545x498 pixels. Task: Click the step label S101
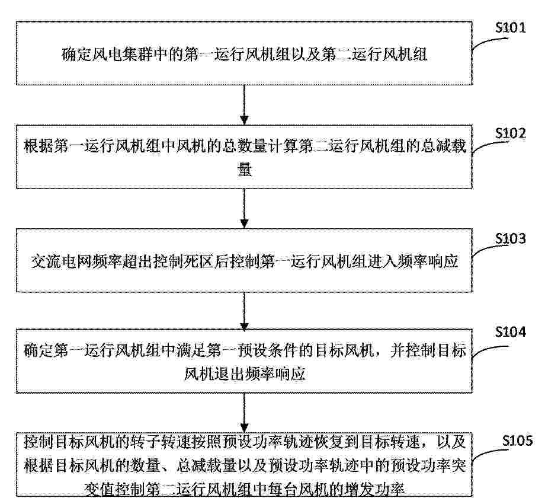tap(510, 27)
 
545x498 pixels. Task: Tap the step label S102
tap(510, 133)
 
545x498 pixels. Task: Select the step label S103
tap(510, 238)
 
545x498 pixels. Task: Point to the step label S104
tap(510, 332)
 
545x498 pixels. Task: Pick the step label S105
tap(517, 440)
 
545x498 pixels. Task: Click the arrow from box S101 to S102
tap(244, 105)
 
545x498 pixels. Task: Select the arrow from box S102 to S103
tap(244, 208)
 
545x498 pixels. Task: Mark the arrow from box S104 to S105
tap(244, 413)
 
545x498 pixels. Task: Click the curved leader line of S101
tap(486, 43)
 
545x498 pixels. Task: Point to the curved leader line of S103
tap(486, 251)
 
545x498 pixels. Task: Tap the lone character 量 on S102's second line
tap(244, 170)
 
